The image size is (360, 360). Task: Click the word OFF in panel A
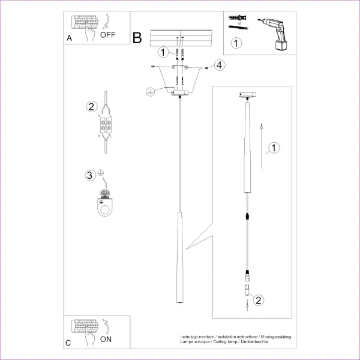pos(108,35)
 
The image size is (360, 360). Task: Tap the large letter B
pos(137,39)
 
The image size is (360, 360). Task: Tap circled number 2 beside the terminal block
pos(91,107)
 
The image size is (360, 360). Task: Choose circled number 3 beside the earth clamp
pos(90,176)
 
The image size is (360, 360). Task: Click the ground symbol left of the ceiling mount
pos(151,91)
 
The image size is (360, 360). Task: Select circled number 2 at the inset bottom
pos(258,299)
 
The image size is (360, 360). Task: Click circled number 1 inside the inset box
pos(274,148)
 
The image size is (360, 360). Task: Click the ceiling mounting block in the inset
pos(246,95)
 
